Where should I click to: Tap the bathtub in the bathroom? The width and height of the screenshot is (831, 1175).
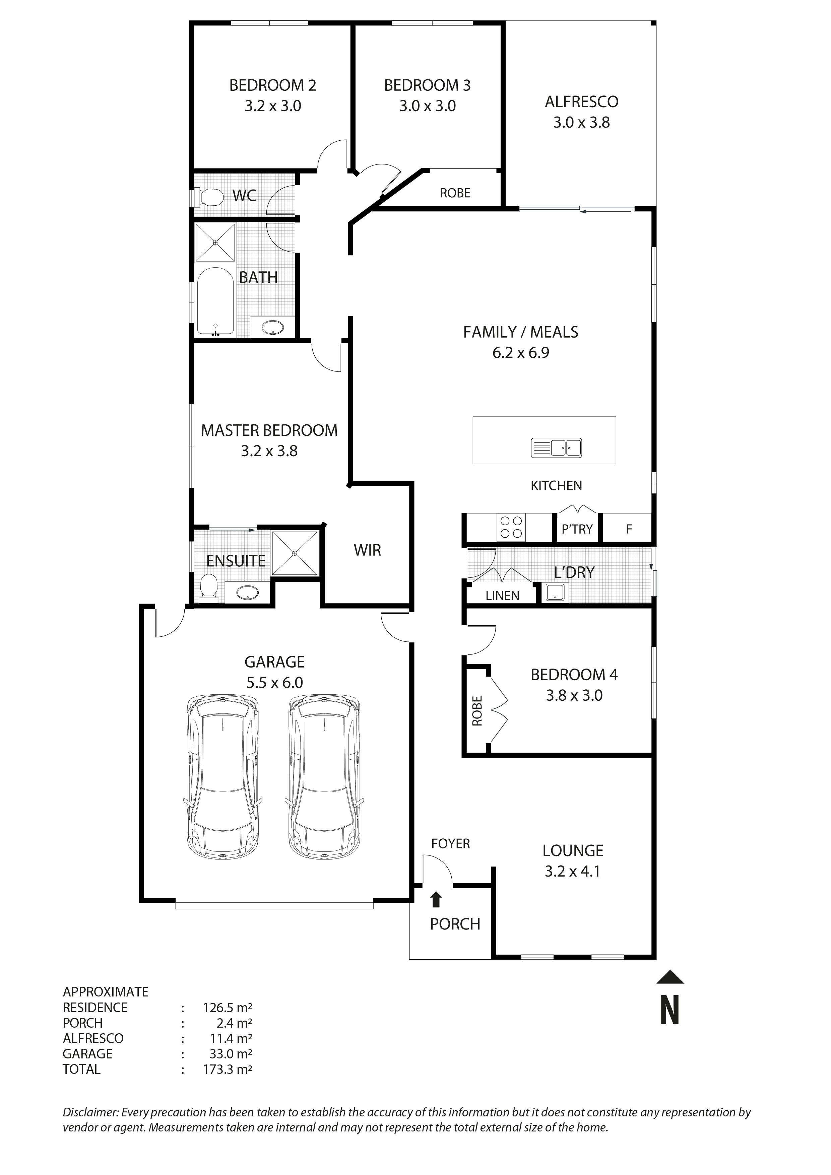coord(215,302)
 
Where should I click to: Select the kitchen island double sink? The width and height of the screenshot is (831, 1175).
coord(557,448)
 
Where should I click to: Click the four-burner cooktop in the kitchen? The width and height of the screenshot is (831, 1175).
coord(511,527)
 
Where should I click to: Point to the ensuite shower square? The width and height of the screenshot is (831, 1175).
coord(295,553)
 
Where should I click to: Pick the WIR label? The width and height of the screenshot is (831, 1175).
coord(367,551)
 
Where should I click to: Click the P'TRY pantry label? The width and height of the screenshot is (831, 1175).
coord(577,529)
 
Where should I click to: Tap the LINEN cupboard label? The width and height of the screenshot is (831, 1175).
coord(502,596)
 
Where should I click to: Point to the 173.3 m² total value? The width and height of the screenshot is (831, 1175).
coord(227,1069)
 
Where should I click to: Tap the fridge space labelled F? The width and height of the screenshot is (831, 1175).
coord(629,529)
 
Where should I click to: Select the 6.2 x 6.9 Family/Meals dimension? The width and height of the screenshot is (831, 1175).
coord(521,353)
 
